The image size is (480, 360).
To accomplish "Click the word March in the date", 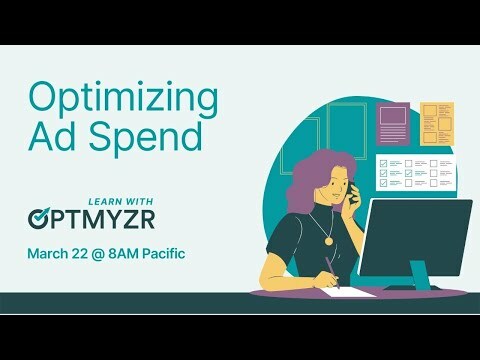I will click(x=50, y=252).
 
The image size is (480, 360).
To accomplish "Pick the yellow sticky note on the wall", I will click(x=436, y=124).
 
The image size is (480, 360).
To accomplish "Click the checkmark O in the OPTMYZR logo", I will click(x=41, y=216).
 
